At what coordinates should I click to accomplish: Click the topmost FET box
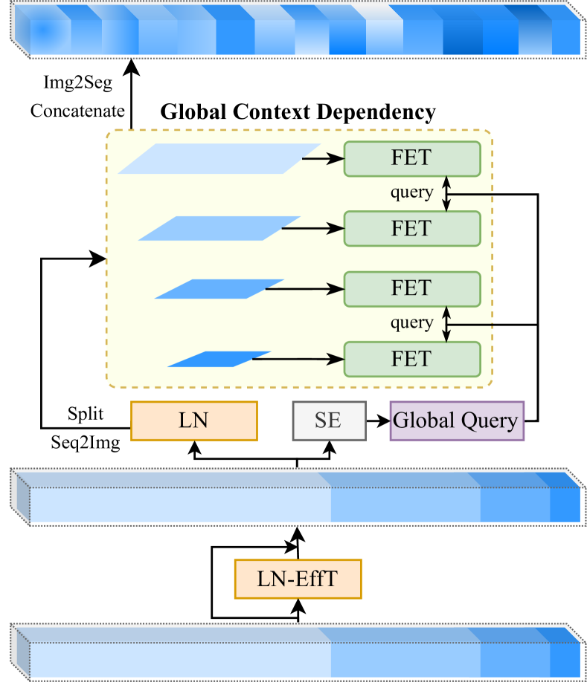click(x=411, y=158)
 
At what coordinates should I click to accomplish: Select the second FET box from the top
click(x=411, y=228)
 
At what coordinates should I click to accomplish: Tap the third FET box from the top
click(x=411, y=289)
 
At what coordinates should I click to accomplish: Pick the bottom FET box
click(x=411, y=359)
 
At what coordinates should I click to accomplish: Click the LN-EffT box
click(x=298, y=579)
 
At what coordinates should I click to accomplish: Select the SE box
click(x=328, y=421)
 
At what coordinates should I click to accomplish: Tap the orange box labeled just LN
click(x=193, y=421)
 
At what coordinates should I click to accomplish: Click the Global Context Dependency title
click(x=298, y=112)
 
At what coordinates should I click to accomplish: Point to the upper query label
click(x=411, y=192)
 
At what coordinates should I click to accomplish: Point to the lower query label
click(x=411, y=323)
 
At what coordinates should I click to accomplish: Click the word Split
click(x=86, y=413)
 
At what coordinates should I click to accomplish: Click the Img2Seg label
click(x=77, y=83)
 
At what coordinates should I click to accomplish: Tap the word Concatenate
click(x=77, y=111)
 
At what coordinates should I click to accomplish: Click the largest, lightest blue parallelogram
click(x=219, y=159)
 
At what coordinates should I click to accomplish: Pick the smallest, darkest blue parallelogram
click(x=219, y=359)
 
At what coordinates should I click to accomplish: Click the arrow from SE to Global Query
click(x=378, y=421)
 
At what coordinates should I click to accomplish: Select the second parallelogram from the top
click(x=219, y=228)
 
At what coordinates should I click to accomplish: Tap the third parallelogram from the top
click(x=219, y=289)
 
